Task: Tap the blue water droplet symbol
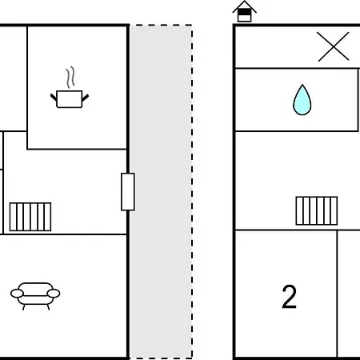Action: [x=302, y=100]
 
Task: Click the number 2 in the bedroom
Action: [x=289, y=297]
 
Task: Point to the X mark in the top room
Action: [x=334, y=46]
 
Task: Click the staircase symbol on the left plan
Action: [x=30, y=217]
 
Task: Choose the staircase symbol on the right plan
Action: [x=317, y=210]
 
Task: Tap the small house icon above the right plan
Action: [x=244, y=11]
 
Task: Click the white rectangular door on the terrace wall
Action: [x=128, y=192]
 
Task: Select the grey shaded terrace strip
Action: [x=161, y=192]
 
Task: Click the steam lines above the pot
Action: [x=70, y=78]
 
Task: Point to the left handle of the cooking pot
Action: [x=54, y=98]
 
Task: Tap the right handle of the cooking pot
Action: [x=86, y=98]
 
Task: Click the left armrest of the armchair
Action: [x=17, y=294]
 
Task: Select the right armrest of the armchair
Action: [x=54, y=294]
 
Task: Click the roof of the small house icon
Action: [x=244, y=6]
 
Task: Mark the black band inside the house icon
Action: [x=244, y=12]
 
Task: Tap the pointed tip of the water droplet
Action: [x=302, y=85]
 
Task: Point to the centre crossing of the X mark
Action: [x=334, y=46]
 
